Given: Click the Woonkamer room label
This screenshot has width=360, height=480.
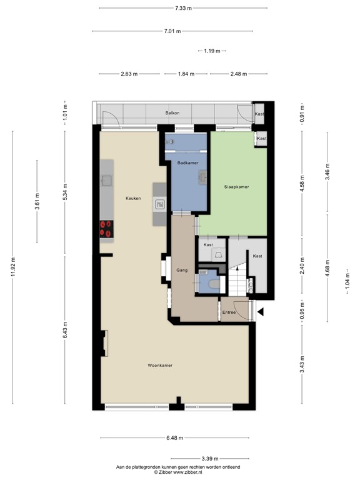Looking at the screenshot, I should [160, 365].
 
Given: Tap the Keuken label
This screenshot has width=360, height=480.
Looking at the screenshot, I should [132, 198].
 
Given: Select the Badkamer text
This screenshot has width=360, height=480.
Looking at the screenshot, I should [188, 162].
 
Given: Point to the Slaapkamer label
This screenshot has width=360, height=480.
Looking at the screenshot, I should [237, 187].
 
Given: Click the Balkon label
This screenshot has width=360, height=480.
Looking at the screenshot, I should [172, 113].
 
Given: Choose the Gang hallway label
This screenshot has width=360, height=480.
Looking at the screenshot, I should [182, 271].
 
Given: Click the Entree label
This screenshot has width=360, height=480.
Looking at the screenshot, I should [229, 312].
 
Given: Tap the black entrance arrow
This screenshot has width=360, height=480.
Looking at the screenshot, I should [261, 311].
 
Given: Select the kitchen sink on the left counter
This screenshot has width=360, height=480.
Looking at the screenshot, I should [107, 181].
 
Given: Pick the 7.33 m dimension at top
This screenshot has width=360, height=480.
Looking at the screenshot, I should [183, 8].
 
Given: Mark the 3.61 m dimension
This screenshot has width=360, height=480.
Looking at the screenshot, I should [37, 202].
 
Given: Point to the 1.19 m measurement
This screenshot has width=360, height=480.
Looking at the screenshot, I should [212, 51].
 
